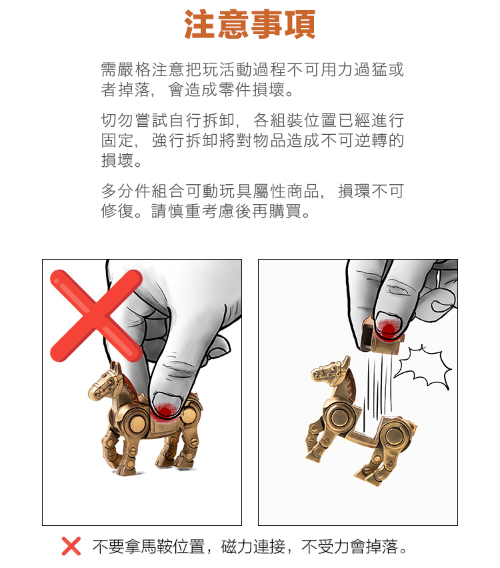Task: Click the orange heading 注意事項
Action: click(249, 24)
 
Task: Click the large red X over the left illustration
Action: click(96, 316)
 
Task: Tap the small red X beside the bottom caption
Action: click(71, 546)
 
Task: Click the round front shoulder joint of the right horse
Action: click(340, 417)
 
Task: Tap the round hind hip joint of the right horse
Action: click(395, 437)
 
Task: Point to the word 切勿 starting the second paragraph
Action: click(117, 120)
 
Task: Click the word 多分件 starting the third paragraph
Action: click(125, 191)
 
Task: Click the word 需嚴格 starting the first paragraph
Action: click(125, 69)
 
